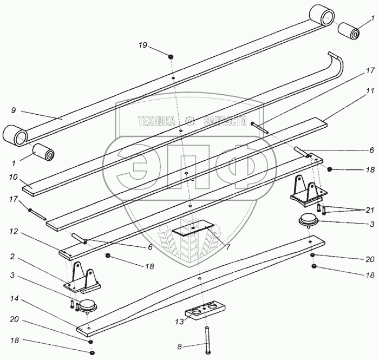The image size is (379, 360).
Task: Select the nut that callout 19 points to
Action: coord(171,56)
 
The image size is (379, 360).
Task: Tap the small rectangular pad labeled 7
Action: coord(194,230)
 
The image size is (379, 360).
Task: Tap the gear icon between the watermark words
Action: coord(190,121)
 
